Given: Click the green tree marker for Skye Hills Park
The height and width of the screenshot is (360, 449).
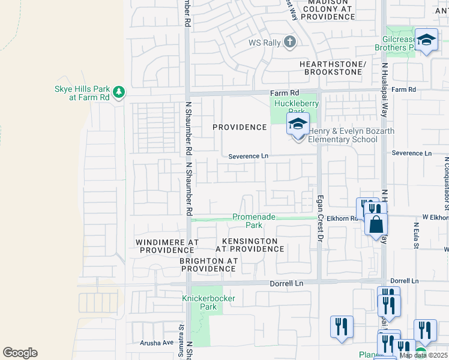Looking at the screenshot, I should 119,91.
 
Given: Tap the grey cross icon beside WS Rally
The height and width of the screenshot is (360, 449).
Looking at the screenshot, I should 289,42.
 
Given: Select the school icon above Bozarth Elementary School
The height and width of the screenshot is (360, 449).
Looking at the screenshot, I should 298,125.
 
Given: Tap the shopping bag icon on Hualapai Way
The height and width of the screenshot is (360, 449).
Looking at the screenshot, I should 376,225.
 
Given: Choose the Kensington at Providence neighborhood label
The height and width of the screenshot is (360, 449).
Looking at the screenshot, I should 246,245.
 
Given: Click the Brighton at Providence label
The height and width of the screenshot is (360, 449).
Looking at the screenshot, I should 209,265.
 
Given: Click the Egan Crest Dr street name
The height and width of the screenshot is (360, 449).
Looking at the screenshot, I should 319,221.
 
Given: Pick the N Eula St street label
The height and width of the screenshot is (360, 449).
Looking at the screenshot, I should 415,236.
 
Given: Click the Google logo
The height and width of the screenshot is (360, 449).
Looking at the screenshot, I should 20,353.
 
